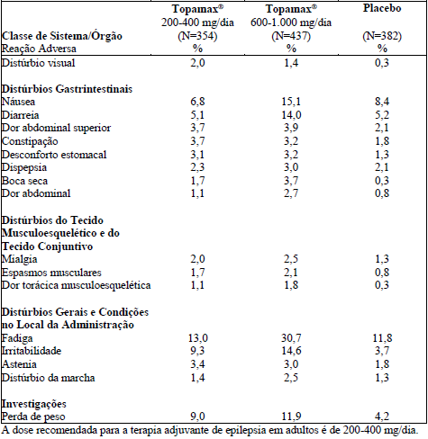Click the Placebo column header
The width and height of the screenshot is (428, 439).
382,8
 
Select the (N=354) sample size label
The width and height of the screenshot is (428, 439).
197,36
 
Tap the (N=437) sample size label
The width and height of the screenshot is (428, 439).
291,36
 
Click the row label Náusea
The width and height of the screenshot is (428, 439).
18,102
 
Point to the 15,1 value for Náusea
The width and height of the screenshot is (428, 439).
291,102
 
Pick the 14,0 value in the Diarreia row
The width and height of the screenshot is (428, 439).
291,115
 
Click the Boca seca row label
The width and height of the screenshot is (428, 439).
24,181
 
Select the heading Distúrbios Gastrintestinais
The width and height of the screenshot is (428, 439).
67,89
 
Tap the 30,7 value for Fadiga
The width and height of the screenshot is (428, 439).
291,338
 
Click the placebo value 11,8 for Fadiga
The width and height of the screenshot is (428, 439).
382,338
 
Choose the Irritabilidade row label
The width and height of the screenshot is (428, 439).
32,351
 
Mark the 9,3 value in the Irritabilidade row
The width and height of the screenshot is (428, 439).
197,351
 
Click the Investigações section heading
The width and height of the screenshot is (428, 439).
34,404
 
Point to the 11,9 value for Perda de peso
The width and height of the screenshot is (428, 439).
291,417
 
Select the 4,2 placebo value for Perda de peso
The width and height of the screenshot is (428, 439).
382,417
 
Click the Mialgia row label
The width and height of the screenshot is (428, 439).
20,259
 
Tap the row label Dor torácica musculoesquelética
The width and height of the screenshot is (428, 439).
76,285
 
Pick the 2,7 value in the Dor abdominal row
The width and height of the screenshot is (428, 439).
291,193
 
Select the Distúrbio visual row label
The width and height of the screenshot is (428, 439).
38,63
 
